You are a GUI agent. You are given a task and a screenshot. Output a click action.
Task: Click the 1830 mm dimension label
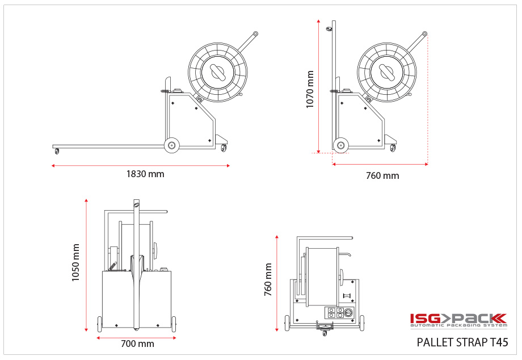tap(145, 174)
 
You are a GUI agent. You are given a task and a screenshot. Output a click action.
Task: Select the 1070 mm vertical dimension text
tap(310, 89)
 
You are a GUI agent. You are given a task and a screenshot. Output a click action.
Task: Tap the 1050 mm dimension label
tap(75, 262)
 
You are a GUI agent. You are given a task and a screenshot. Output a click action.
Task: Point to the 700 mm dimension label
tap(137, 344)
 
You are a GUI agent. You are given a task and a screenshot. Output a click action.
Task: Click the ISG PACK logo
tap(458, 320)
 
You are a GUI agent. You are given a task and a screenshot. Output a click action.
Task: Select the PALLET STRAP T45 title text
tap(462, 342)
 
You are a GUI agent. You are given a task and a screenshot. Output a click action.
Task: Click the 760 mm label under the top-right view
tap(382, 175)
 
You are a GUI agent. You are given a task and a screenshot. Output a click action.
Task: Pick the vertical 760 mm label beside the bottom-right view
tap(268, 279)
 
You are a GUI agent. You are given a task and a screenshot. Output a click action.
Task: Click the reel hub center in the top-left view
tap(218, 72)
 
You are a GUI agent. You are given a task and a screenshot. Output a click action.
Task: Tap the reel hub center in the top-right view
tap(388, 72)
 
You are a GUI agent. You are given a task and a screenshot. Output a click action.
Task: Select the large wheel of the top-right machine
tap(340, 145)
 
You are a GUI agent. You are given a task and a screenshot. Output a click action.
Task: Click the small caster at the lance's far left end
tap(57, 151)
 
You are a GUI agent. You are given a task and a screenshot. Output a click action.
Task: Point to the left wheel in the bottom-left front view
tap(100, 324)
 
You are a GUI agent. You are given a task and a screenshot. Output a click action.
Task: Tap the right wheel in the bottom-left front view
tap(174, 324)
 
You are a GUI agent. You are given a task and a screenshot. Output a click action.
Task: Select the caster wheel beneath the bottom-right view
tap(325, 333)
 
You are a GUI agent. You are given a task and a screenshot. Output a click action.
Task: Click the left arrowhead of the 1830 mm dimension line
tap(53, 166)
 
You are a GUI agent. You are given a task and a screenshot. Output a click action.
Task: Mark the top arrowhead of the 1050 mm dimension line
tap(86, 200)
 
